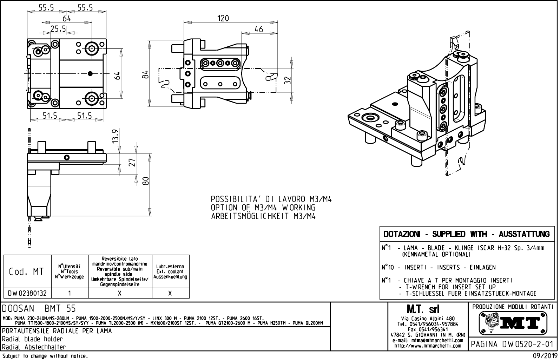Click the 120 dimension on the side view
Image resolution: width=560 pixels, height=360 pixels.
[223, 18]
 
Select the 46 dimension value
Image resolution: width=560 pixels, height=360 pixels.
[258, 30]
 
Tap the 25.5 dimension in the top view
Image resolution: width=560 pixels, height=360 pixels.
[58, 29]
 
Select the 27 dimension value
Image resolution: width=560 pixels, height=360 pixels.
[132, 163]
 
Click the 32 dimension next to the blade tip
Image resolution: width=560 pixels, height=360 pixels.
[288, 80]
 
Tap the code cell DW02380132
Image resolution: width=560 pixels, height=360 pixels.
[27, 293]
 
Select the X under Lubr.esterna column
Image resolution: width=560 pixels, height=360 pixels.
[170, 293]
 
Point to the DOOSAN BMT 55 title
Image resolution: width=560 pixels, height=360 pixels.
[39, 309]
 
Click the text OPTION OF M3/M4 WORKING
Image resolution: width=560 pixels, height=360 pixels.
[263, 208]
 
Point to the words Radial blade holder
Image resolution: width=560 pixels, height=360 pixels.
[32, 339]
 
